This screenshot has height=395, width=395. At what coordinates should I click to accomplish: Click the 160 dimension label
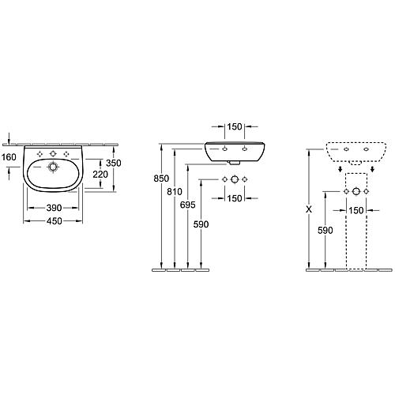pyautogui.click(x=9, y=157)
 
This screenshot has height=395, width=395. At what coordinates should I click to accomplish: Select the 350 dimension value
pyautogui.click(x=114, y=164)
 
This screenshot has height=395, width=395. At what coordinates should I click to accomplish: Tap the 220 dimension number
pyautogui.click(x=100, y=175)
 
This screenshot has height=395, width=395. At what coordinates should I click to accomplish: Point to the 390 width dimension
pyautogui.click(x=54, y=208)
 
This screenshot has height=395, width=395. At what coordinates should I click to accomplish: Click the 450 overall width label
pyautogui.click(x=55, y=221)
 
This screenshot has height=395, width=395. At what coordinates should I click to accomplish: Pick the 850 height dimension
pyautogui.click(x=161, y=179)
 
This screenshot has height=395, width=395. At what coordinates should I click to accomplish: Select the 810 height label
pyautogui.click(x=175, y=192)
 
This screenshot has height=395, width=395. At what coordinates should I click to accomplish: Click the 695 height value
pyautogui.click(x=188, y=205)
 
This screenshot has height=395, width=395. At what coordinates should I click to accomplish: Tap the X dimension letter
pyautogui.click(x=309, y=209)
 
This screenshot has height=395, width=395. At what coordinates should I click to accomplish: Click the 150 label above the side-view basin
pyautogui.click(x=235, y=126)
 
